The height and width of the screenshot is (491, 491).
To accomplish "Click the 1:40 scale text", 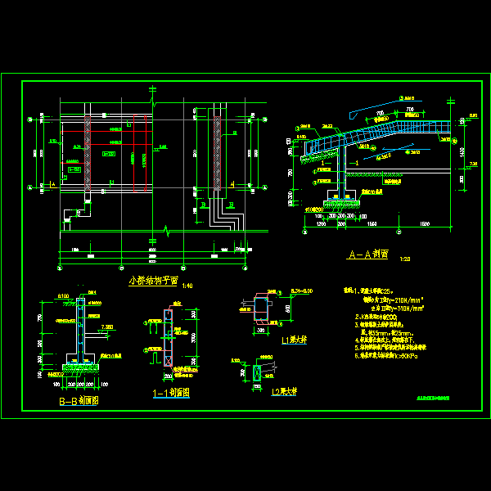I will pyautogui.click(x=187, y=286).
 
